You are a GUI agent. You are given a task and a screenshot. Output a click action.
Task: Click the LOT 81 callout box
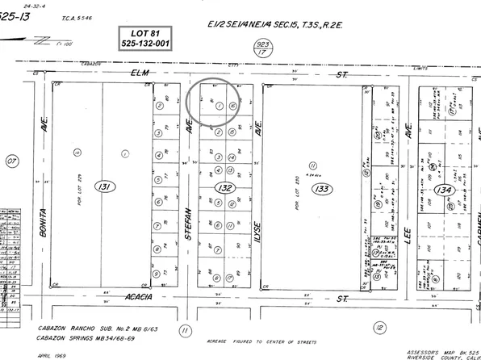tap(139, 37)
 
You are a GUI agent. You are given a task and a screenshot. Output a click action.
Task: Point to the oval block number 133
tap(323, 189)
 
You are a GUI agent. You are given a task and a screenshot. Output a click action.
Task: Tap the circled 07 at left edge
tap(10, 161)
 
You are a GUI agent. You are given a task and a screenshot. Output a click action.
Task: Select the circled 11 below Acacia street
tap(186, 329)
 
